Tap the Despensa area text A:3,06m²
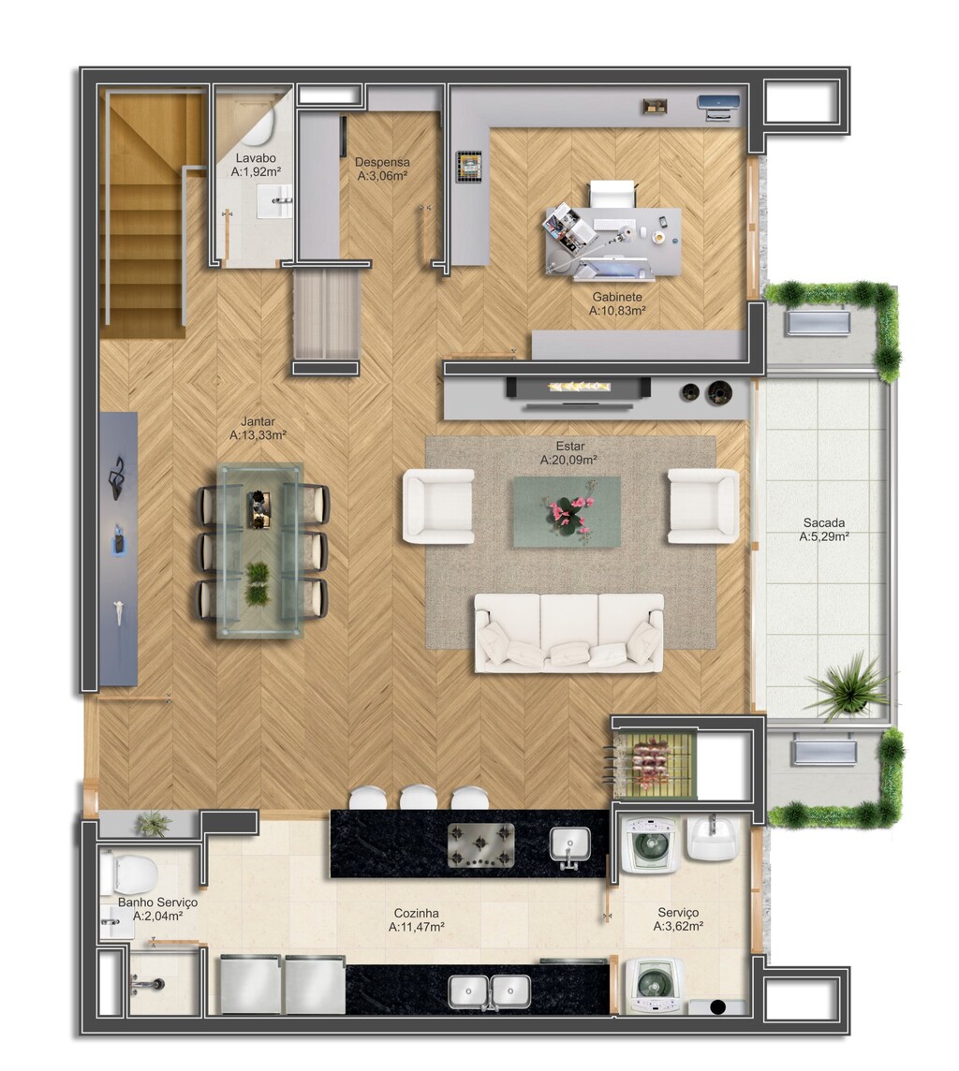click(382, 176)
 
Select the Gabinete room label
click(617, 297)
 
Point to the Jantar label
click(258, 421)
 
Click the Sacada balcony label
click(824, 523)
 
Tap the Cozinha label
click(416, 913)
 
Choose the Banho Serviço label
click(157, 902)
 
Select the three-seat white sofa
click(568, 633)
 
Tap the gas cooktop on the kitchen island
click(480, 845)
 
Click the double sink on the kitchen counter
click(489, 992)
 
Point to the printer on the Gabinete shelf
click(718, 108)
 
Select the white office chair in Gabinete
click(612, 193)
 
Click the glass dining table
click(259, 550)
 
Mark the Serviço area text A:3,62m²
click(678, 926)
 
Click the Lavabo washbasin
click(274, 200)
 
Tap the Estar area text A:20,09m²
click(568, 461)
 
